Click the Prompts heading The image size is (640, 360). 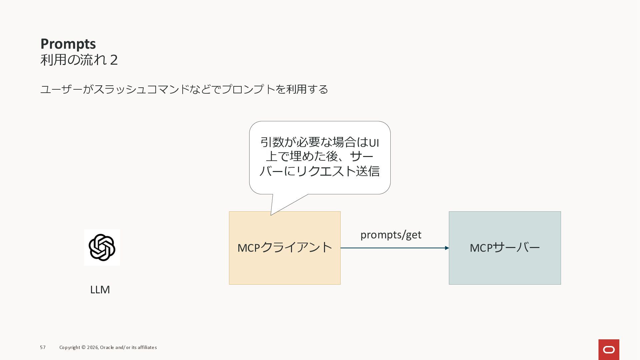pos(68,44)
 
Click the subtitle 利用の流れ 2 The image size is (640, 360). pos(79,60)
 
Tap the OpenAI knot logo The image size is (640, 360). pos(102,247)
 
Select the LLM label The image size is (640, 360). pos(100,290)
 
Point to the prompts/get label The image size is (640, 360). pos(391,235)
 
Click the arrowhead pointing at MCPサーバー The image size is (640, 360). pos(447,248)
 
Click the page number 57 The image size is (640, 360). pos(43,347)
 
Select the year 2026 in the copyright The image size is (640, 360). pos(92,347)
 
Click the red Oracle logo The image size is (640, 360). pos(609,350)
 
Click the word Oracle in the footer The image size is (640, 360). pos(107,347)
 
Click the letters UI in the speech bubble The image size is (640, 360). pos(374,143)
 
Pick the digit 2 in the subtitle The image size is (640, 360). pos(114,60)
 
